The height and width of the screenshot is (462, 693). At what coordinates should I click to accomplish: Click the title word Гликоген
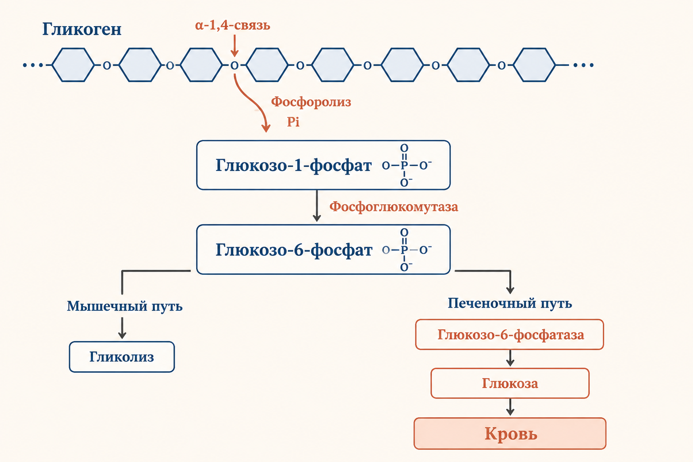pyautogui.click(x=82, y=29)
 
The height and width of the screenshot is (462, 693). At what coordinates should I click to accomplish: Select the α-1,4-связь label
pyautogui.click(x=233, y=25)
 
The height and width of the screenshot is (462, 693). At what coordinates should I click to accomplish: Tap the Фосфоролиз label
pyautogui.click(x=311, y=102)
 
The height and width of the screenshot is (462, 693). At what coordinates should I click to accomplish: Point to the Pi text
pyautogui.click(x=293, y=122)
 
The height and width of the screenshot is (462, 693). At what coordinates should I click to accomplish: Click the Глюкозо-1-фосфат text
pyautogui.click(x=293, y=165)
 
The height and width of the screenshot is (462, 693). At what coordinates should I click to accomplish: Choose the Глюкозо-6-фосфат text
pyautogui.click(x=294, y=249)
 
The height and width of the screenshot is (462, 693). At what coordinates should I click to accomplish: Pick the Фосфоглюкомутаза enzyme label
pyautogui.click(x=393, y=207)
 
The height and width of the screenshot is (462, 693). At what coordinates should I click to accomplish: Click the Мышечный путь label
pyautogui.click(x=125, y=306)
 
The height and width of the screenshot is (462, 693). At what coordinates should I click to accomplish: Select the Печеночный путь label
pyautogui.click(x=510, y=303)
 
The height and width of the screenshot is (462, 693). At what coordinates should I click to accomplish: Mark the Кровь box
pyautogui.click(x=510, y=434)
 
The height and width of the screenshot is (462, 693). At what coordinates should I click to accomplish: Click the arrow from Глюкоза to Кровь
pyautogui.click(x=510, y=407)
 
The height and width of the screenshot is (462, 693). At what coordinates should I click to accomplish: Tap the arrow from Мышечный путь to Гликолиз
pyautogui.click(x=122, y=328)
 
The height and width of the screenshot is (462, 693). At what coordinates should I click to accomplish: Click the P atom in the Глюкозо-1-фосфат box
pyautogui.click(x=404, y=166)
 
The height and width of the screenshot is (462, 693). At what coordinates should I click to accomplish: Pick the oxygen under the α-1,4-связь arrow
pyautogui.click(x=235, y=65)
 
